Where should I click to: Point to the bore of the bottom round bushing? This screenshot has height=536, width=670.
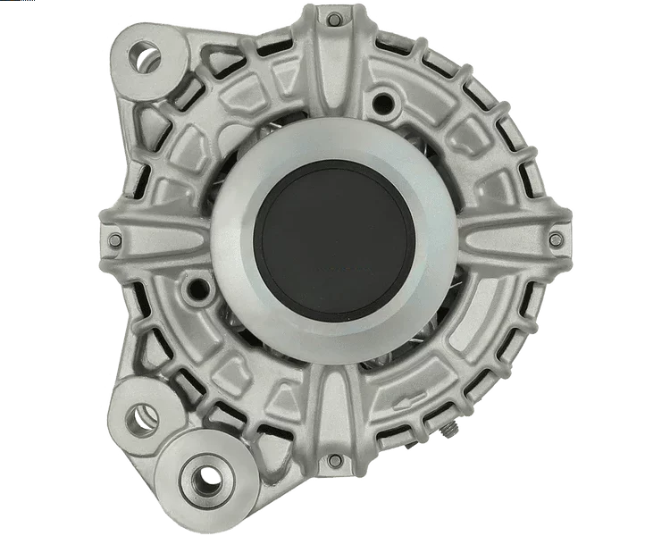(x=206, y=476)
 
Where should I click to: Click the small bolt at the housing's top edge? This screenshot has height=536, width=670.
(x=333, y=20)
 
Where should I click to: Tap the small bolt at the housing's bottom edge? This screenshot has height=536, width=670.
(x=335, y=461)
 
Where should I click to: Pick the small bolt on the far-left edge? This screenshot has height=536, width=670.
(x=113, y=239)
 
